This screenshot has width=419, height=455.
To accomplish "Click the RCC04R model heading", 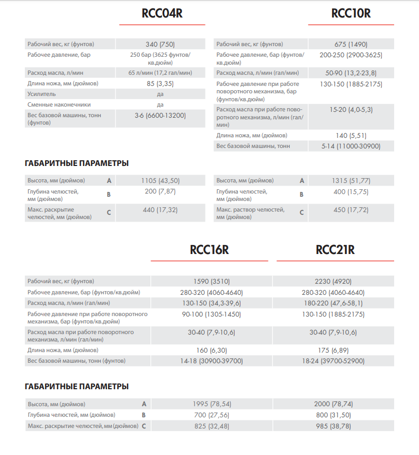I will (162, 14).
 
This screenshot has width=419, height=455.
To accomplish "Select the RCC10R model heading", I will (351, 14).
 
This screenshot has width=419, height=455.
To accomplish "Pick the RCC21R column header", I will (335, 250).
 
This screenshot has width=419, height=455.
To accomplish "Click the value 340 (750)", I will (161, 44).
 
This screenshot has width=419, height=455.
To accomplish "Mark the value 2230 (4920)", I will (333, 282).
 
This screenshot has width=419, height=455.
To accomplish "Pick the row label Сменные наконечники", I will (59, 104).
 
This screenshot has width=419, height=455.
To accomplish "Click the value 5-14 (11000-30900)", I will (351, 146).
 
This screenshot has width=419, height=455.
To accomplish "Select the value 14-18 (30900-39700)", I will (211, 361).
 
